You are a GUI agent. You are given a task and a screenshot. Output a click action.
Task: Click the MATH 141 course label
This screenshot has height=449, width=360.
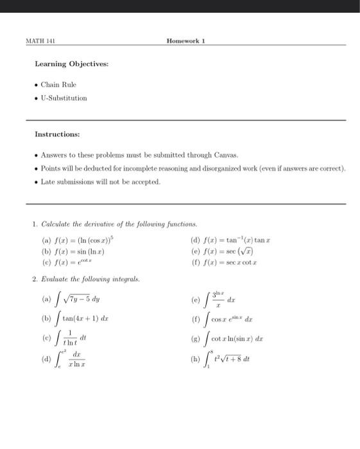40,40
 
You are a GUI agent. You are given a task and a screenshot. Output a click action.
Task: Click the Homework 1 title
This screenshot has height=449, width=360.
185,40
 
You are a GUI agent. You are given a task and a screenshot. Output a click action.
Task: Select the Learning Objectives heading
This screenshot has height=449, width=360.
71,64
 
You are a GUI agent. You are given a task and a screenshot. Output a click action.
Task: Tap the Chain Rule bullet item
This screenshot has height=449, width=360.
58,85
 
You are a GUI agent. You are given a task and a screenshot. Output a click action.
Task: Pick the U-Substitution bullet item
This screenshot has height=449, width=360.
64,98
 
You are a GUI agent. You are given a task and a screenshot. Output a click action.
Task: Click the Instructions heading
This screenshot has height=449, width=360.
57,135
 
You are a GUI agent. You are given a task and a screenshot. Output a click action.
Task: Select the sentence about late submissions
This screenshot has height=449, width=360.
101,182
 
